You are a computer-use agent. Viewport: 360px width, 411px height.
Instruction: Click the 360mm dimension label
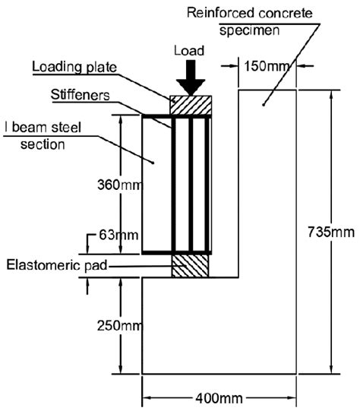(120, 185)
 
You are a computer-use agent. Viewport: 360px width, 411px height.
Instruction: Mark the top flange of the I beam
(176, 116)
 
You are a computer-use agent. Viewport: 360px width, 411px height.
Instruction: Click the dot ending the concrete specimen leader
(264, 104)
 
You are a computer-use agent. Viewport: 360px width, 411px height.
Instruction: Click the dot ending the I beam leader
(153, 162)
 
